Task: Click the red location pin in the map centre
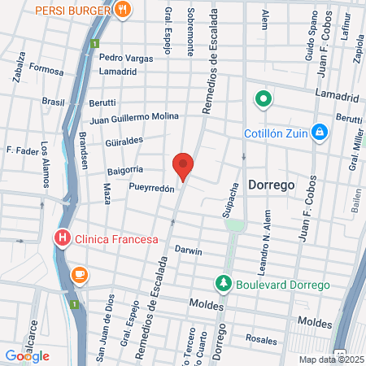(183, 165)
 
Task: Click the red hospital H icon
(61, 238)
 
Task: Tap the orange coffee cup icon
(79, 275)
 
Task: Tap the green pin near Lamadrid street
(264, 100)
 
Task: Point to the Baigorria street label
(125, 171)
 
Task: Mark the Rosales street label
(261, 339)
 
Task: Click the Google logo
(27, 355)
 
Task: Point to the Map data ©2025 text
(331, 359)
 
